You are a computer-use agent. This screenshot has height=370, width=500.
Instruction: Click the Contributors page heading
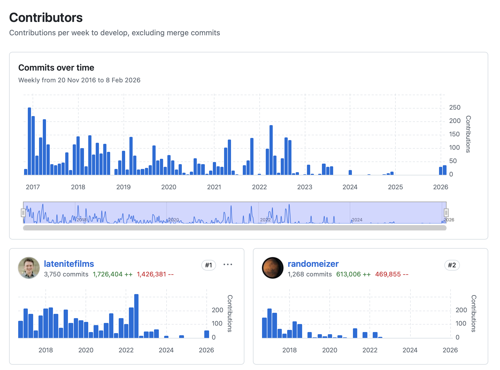46,18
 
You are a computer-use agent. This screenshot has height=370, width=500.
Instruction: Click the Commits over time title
56,68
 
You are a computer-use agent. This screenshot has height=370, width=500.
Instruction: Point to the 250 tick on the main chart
455,107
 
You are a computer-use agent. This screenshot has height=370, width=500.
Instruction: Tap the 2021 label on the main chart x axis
214,187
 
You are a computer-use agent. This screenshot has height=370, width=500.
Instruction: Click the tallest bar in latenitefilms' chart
136,316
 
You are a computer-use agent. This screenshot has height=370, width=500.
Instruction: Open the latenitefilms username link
69,264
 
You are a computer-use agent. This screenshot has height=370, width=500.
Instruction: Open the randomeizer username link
313,264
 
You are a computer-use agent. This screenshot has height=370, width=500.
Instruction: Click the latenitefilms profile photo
29,268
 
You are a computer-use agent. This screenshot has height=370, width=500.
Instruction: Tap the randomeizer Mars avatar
273,268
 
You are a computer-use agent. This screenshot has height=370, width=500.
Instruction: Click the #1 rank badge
209,265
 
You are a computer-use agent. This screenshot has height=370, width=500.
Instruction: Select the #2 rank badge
452,265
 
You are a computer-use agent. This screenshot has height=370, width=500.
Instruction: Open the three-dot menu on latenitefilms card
228,265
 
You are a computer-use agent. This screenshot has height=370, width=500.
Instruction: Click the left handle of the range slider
23,213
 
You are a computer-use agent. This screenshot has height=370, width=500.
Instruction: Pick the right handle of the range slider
446,213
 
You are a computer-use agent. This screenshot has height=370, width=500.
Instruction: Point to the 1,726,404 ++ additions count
113,274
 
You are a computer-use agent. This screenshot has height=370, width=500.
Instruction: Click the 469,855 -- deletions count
392,274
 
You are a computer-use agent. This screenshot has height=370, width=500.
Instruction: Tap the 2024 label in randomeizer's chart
410,350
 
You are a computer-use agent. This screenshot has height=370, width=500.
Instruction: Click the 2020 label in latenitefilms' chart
86,350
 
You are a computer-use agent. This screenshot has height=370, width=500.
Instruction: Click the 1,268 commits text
310,274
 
